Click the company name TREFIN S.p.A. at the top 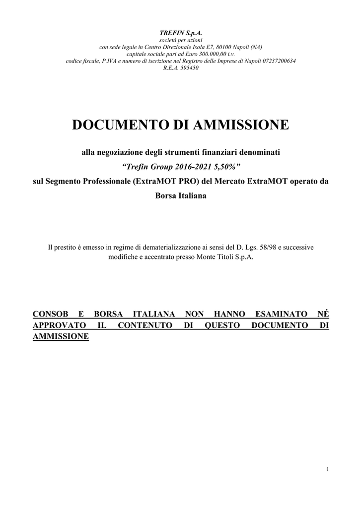[x=181, y=33]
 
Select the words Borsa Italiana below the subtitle [x=180, y=196]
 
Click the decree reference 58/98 [x=258, y=247]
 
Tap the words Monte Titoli [x=215, y=257]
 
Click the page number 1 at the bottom [x=328, y=470]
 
